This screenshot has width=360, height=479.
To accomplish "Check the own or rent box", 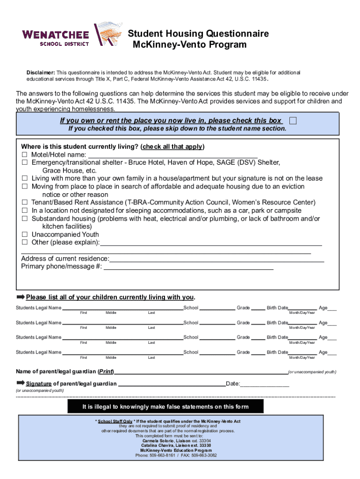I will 293,121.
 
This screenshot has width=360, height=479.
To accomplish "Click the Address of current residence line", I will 216,260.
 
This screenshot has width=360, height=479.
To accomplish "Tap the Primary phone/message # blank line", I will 188,268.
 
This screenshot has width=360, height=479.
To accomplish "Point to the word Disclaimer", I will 41,73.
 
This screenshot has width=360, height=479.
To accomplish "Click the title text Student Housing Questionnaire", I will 198,34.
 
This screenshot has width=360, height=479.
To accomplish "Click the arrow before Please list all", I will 21,297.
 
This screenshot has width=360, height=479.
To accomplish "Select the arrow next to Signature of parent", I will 21,384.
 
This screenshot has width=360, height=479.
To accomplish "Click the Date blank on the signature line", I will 265,385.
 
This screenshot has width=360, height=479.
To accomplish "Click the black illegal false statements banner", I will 166,406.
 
